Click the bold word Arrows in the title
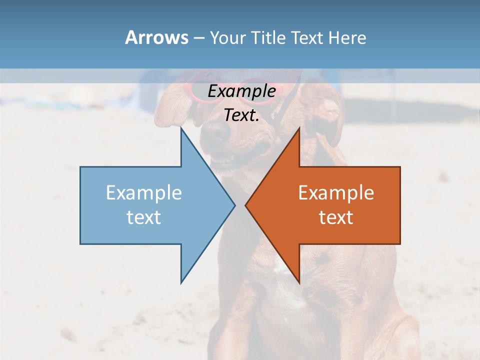tap(156, 37)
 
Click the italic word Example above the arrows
tap(241, 91)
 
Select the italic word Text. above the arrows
tap(241, 115)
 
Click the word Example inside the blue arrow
tap(144, 192)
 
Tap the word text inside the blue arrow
tap(144, 217)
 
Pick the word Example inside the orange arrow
tap(336, 192)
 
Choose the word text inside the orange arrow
tap(336, 217)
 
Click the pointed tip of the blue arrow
tap(234, 204)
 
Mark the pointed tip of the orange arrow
tap(246, 204)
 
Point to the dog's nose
tap(217, 131)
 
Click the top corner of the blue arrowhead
tap(181, 128)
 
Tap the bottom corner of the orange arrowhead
tap(299, 282)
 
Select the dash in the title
tap(198, 38)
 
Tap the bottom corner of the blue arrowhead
tap(181, 282)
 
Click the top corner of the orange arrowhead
tap(299, 128)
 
